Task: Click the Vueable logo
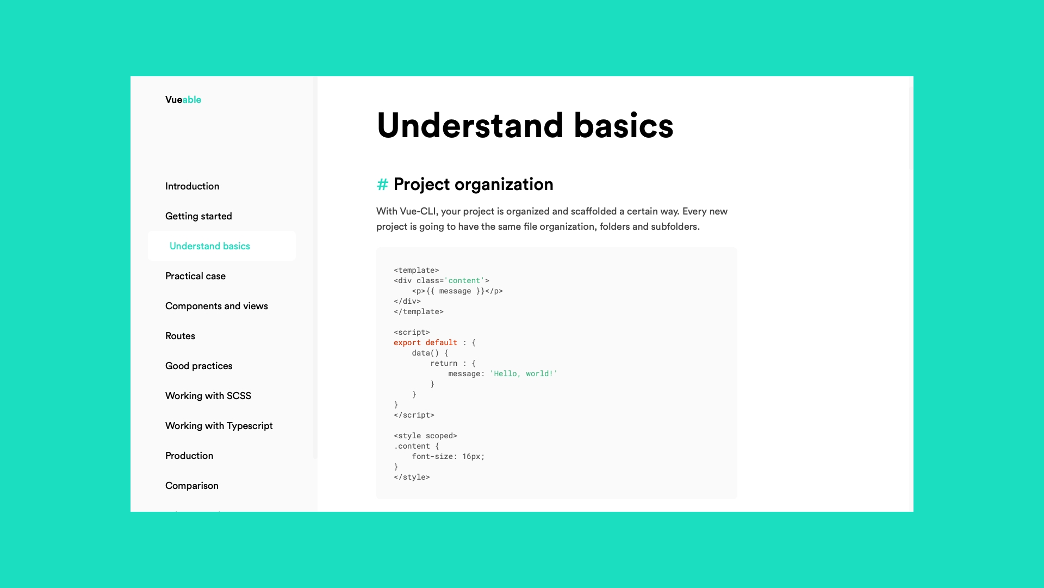[x=183, y=100]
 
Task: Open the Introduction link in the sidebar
[x=192, y=186]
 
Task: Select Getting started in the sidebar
[x=198, y=216]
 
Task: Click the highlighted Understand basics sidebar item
[x=210, y=246]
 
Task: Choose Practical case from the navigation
[x=195, y=276]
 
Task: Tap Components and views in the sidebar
[x=216, y=306]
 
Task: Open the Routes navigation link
[x=180, y=336]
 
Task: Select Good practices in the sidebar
[x=198, y=366]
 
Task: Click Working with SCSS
[x=208, y=396]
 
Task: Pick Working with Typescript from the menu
[x=219, y=426]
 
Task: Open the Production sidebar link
[x=189, y=456]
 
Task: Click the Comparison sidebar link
[x=192, y=486]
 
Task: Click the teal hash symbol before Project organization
[x=382, y=185]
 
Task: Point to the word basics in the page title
[x=624, y=126]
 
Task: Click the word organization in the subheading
[x=504, y=185]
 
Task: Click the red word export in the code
[x=407, y=342]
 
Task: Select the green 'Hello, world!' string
[x=524, y=373]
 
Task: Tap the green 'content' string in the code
[x=464, y=280]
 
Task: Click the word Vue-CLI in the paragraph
[x=419, y=211]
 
